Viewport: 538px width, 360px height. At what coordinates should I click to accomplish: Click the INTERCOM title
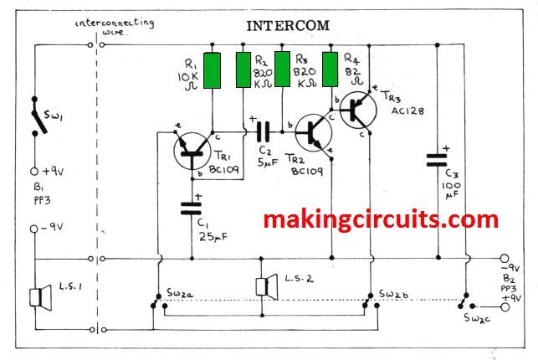287,25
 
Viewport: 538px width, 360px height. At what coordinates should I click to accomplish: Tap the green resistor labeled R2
243,69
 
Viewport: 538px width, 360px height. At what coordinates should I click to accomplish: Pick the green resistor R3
283,69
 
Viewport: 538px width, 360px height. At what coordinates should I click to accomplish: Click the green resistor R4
330,69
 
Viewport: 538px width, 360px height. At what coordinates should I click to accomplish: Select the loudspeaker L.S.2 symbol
264,286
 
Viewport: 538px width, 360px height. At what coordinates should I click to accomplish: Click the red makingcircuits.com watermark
381,220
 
